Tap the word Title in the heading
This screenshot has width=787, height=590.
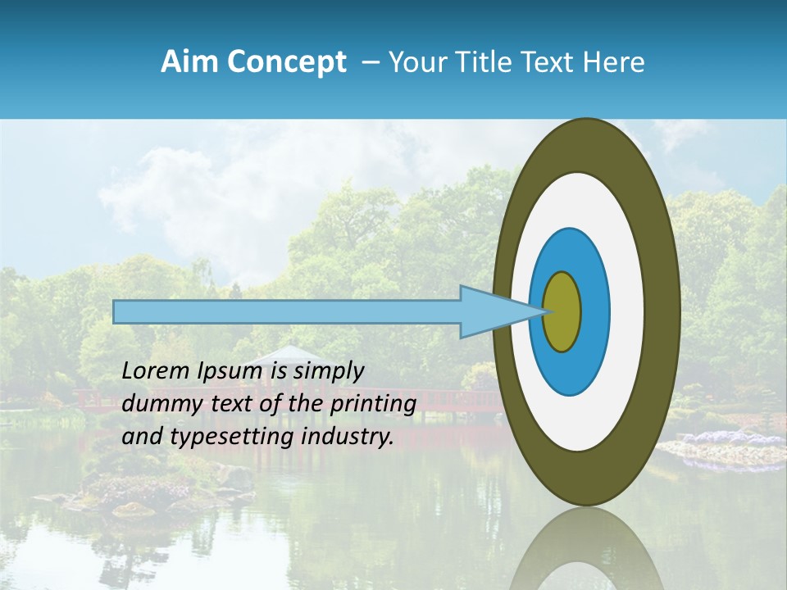(485, 62)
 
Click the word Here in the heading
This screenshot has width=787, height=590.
(614, 62)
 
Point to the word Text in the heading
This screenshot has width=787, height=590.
(550, 62)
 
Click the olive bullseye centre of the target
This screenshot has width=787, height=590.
(562, 311)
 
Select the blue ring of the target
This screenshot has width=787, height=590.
(594, 311)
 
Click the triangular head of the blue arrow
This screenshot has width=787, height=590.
(492, 311)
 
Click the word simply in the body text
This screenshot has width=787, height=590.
(329, 372)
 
